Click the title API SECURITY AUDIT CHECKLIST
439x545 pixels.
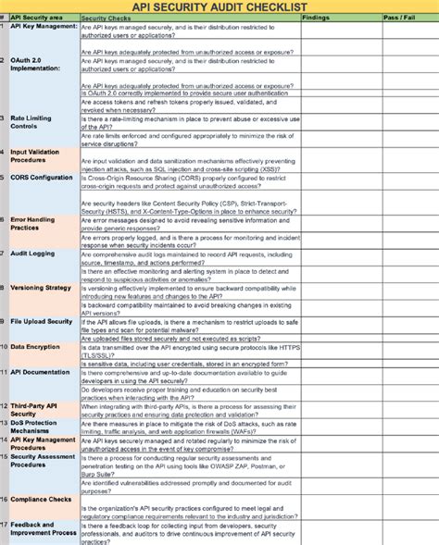pos(219,6)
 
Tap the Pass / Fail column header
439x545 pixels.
pos(398,18)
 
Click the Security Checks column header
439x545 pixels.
pos(105,18)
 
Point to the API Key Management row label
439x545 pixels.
pos(44,26)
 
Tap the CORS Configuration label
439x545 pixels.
pos(42,177)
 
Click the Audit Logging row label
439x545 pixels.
pos(32,253)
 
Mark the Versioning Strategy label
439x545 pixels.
pos(41,287)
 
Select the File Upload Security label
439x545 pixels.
pos(42,321)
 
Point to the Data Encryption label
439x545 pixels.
pos(36,346)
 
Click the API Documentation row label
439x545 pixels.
pos(40,371)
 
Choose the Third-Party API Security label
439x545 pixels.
pos(34,409)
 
